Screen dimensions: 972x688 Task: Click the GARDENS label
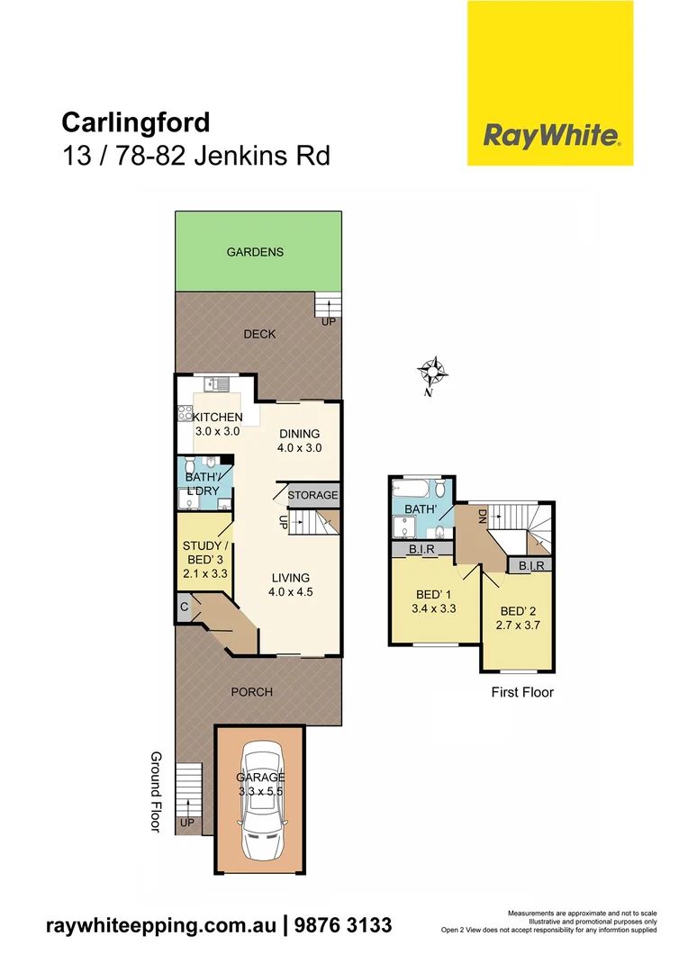[255, 252]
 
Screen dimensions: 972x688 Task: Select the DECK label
[259, 334]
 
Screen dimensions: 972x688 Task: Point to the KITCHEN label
[217, 417]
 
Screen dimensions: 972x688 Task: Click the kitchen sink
[217, 383]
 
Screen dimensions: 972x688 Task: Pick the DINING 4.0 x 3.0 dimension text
[300, 447]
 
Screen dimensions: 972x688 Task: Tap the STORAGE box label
[313, 495]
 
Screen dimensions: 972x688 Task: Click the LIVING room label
[288, 578]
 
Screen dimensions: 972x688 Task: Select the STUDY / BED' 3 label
[204, 553]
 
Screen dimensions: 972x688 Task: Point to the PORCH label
[251, 692]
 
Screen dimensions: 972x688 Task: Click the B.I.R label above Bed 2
[528, 566]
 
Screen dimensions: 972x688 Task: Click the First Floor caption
[522, 692]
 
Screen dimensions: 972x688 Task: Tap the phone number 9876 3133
[343, 924]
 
